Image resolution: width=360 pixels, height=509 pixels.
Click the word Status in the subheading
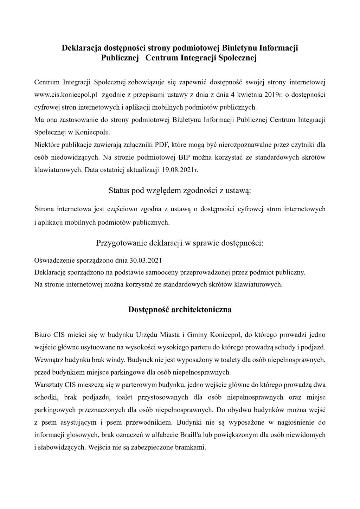pyautogui.click(x=119, y=191)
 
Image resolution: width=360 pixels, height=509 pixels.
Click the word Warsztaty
pyautogui.click(x=49, y=385)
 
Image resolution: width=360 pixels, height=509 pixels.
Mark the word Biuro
pyautogui.click(x=42, y=334)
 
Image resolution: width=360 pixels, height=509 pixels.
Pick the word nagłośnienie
pyautogui.click(x=291, y=422)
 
